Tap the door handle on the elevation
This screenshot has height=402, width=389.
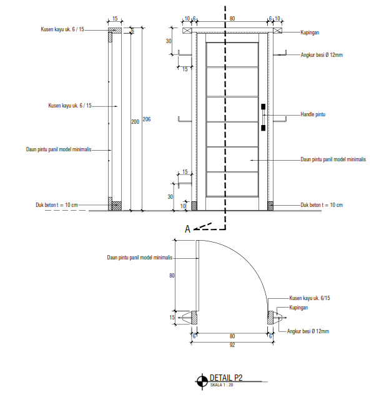click(263, 117)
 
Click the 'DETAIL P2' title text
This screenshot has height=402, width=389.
click(225, 378)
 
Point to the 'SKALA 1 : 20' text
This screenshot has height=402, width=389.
click(221, 384)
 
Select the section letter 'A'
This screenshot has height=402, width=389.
click(187, 229)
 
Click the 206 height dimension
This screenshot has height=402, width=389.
click(146, 119)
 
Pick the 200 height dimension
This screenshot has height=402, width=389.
click(134, 122)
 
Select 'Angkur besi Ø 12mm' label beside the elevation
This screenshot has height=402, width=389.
click(322, 55)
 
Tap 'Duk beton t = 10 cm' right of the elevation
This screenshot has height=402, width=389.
click(322, 204)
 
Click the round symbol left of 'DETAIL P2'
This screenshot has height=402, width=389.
click(202, 380)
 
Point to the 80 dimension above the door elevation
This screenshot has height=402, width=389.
click(232, 19)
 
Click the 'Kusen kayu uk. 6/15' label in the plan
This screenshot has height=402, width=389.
click(309, 299)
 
